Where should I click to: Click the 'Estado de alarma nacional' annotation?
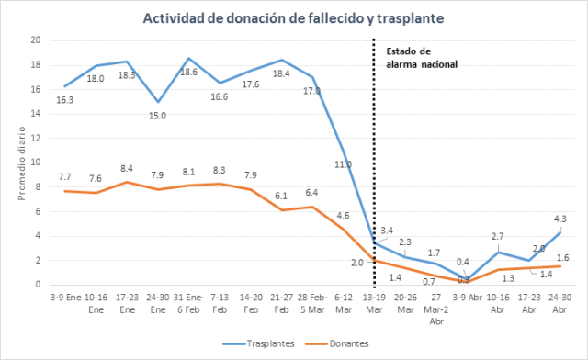pos(422,58)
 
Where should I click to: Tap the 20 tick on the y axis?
pos(34,40)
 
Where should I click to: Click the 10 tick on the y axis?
pos(34,163)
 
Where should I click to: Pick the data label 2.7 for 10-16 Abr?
pos(496,237)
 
